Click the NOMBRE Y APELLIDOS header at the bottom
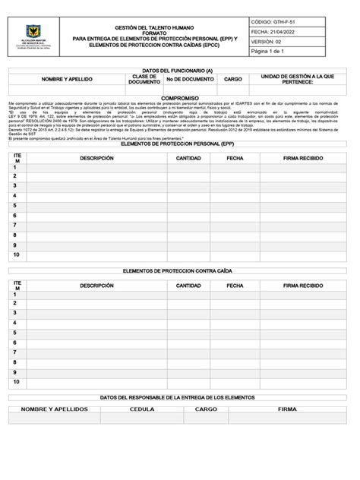[54, 409]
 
